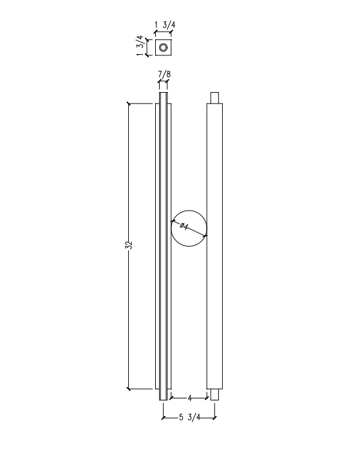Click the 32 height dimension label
click(x=130, y=245)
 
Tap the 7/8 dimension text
click(x=164, y=75)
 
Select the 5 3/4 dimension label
click(x=189, y=417)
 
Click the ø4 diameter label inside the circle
click(x=184, y=226)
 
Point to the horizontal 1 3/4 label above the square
click(x=165, y=25)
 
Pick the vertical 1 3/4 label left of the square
click(x=140, y=46)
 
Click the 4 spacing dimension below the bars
click(x=189, y=398)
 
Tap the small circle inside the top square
click(x=164, y=48)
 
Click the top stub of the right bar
click(x=214, y=98)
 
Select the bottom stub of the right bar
click(x=214, y=395)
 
